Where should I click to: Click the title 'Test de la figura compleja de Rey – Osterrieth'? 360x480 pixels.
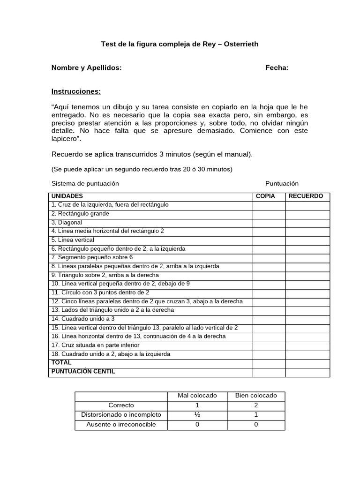point(180,44)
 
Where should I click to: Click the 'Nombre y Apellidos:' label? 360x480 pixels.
point(86,67)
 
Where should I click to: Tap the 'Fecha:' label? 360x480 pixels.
point(277,67)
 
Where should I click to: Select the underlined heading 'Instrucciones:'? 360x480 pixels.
point(76,91)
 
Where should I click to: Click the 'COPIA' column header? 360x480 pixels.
point(265,196)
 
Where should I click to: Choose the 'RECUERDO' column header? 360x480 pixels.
point(306,196)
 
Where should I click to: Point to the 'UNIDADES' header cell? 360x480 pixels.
point(67,196)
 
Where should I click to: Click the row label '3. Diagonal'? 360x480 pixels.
point(67,222)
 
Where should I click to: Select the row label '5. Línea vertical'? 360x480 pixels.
point(73,240)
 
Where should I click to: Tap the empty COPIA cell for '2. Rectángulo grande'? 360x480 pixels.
point(269,214)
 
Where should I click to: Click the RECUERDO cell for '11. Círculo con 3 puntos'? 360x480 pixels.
point(307,292)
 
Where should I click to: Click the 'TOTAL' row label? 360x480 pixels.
point(61,363)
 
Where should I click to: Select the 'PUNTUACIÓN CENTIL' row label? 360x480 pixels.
point(83,372)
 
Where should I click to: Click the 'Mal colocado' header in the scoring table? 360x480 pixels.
point(197,396)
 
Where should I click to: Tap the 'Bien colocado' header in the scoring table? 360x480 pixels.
point(256,396)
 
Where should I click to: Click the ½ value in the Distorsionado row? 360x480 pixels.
point(197,415)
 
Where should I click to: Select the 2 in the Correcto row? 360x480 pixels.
point(256,405)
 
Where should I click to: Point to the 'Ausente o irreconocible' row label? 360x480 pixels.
point(121,425)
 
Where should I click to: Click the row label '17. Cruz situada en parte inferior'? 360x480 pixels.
point(96,345)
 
